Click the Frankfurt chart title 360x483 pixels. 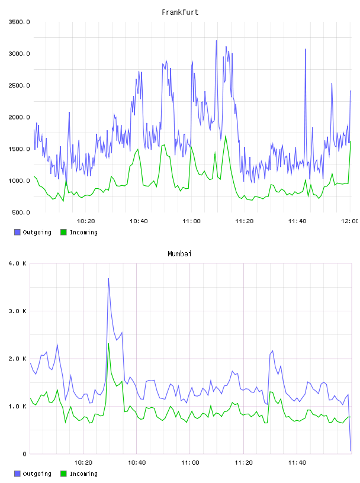[x=180, y=12]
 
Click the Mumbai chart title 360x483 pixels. [x=179, y=254]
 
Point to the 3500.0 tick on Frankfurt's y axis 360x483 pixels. [x=19, y=22]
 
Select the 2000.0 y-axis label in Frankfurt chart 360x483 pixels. [x=19, y=117]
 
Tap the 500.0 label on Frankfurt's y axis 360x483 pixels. [x=21, y=212]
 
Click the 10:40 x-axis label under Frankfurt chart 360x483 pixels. [x=139, y=221]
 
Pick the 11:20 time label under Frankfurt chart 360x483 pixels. [x=245, y=221]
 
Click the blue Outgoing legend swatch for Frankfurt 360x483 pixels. [x=17, y=232]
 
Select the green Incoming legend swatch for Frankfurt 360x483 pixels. [x=63, y=232]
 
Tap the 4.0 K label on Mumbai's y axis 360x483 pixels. [x=17, y=263]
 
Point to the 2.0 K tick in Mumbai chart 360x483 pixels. [x=17, y=359]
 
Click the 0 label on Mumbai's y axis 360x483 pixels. [x=25, y=454]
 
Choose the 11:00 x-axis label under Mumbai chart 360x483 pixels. [x=190, y=463]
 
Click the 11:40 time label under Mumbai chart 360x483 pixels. [x=297, y=463]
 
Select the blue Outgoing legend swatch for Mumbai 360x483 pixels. [x=17, y=474]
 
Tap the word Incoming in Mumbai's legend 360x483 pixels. [x=83, y=474]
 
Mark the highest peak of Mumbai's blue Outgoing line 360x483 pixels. [x=108, y=278]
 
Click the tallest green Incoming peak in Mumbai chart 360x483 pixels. [x=108, y=343]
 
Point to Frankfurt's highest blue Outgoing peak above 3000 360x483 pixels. [x=216, y=41]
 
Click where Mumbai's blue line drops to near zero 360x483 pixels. [x=351, y=451]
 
